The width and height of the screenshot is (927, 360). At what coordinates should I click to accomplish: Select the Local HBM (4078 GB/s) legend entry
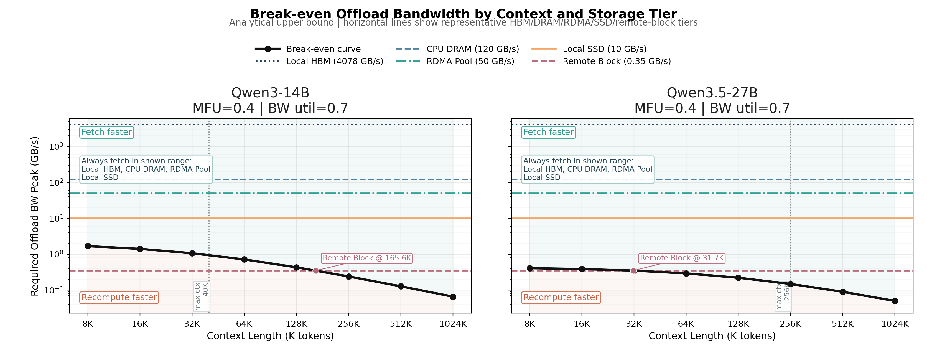[x=334, y=61]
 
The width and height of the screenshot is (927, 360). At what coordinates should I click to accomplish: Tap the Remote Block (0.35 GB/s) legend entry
[x=617, y=61]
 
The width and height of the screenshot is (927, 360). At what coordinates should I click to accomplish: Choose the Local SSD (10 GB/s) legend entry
[x=604, y=49]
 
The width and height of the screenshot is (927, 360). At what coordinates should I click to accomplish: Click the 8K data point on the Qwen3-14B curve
[x=88, y=246]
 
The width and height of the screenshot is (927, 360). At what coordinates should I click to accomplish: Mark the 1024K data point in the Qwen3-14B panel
[x=453, y=297]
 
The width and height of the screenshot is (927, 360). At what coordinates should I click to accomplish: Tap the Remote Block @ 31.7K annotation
[x=682, y=258]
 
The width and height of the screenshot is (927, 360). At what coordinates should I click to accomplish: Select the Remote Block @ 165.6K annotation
[x=367, y=258]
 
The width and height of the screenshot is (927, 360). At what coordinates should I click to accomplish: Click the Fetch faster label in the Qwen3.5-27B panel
[x=548, y=132]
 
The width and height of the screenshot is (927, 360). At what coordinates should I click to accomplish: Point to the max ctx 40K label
[x=202, y=296]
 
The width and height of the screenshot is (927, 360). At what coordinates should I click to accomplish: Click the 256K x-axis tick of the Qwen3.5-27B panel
[x=791, y=324]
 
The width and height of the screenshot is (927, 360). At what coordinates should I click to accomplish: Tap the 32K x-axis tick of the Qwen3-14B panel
[x=192, y=324]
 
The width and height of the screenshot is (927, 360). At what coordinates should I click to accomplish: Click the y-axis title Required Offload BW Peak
[x=35, y=216]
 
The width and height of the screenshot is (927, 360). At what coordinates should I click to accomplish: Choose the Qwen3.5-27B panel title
[x=712, y=93]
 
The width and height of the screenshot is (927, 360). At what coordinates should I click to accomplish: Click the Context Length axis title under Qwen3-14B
[x=270, y=336]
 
